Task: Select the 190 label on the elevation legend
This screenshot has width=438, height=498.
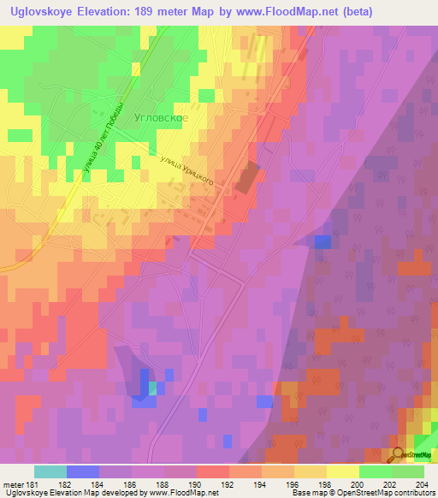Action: pos(197,485)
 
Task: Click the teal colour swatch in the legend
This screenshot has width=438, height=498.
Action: pos(50,471)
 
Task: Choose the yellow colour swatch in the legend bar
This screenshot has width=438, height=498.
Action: pos(342,471)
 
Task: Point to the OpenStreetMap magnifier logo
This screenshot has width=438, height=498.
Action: pos(399,456)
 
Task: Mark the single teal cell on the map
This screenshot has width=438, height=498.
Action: pos(152,388)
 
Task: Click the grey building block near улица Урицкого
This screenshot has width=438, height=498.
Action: pos(246,178)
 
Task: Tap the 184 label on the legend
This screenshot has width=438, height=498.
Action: pos(99,485)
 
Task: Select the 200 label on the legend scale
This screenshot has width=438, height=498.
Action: pos(358,485)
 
